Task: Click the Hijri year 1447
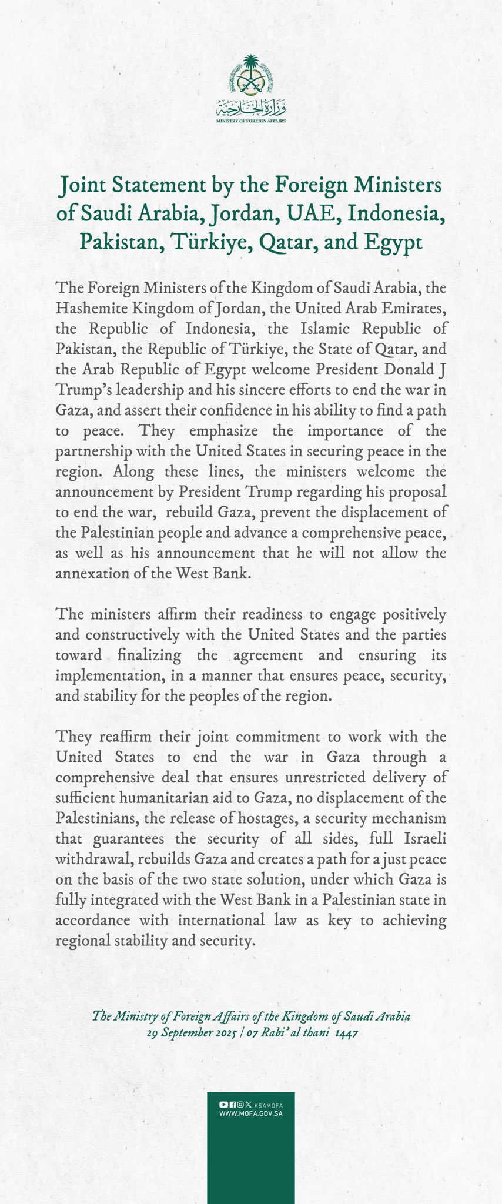tap(346, 1033)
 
